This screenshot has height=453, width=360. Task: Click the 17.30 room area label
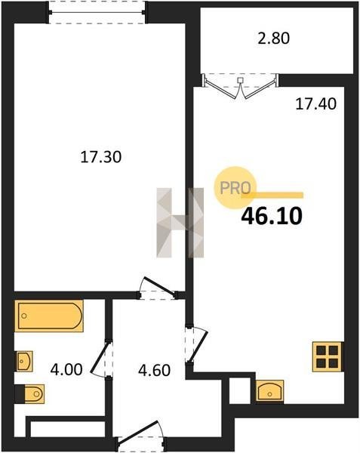click(100, 158)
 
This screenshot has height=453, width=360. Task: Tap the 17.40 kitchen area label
click(315, 104)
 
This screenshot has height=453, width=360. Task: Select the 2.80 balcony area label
click(274, 39)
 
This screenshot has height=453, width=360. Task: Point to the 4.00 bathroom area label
click(66, 369)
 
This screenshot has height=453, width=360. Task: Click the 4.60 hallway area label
click(155, 371)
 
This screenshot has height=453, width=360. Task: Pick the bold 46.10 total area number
click(272, 217)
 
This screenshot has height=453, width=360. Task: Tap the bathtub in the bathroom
click(49, 316)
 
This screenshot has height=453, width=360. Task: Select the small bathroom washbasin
click(24, 361)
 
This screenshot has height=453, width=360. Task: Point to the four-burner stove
click(328, 356)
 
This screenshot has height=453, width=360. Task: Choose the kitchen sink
click(270, 391)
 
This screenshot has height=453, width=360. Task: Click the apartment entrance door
click(140, 433)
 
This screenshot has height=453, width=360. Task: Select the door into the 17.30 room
click(158, 289)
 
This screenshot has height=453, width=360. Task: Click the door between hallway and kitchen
click(197, 345)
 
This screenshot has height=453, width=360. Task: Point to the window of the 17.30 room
click(97, 13)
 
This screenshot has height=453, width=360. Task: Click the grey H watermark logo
click(180, 223)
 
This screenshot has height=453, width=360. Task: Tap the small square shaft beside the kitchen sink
click(239, 390)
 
